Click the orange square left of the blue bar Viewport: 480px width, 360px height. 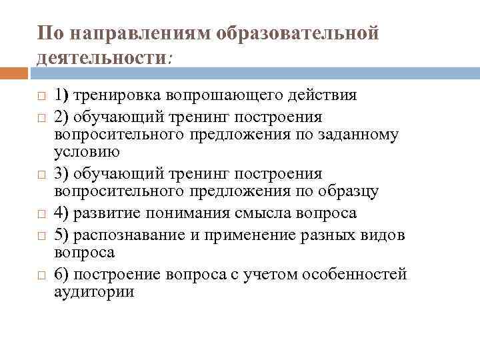click(x=17, y=72)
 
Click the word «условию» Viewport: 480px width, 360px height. click(x=87, y=151)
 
